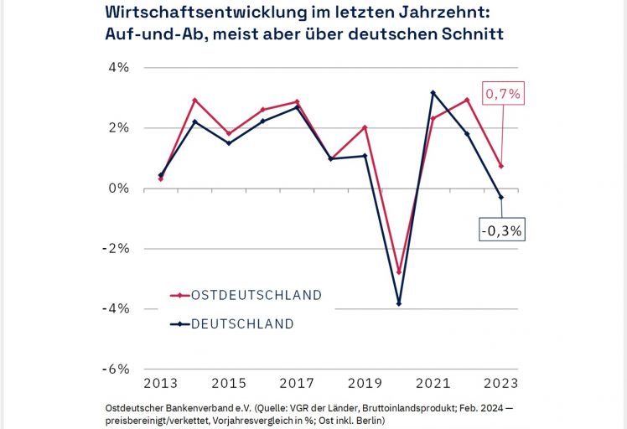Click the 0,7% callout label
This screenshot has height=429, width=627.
(503, 95)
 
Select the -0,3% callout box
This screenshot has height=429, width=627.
(502, 229)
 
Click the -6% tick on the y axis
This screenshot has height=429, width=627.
(116, 370)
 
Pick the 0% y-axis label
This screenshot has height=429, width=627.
(118, 189)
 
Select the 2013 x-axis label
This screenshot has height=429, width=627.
(160, 384)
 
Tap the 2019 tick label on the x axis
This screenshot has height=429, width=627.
(365, 384)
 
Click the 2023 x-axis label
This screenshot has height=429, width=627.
(501, 384)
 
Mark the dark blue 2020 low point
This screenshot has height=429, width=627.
(398, 303)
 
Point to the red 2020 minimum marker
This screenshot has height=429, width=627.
(398, 272)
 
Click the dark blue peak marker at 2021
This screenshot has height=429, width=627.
(433, 93)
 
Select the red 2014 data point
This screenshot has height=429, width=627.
(194, 101)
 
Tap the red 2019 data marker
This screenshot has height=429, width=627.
(365, 127)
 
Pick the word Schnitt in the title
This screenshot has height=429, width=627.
(471, 35)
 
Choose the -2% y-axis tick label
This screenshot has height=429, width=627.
(116, 249)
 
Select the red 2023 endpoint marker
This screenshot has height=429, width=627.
(501, 166)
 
